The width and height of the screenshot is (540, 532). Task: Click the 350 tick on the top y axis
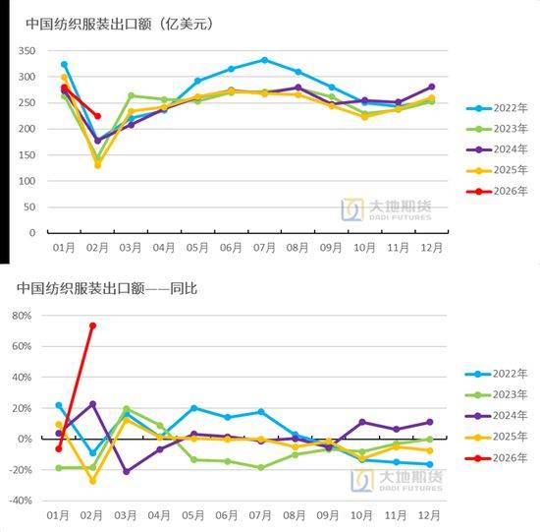click(27, 50)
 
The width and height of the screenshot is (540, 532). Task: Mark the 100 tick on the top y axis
click(27, 181)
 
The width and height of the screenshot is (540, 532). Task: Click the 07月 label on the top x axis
click(264, 247)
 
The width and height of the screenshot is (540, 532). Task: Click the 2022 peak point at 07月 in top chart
click(264, 60)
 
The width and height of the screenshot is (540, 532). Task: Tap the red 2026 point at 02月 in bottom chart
click(92, 325)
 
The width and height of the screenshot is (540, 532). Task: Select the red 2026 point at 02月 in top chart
click(97, 116)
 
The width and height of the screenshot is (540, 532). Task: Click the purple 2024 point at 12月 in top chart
click(431, 87)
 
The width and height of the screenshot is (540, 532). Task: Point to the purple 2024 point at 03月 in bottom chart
click(126, 472)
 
